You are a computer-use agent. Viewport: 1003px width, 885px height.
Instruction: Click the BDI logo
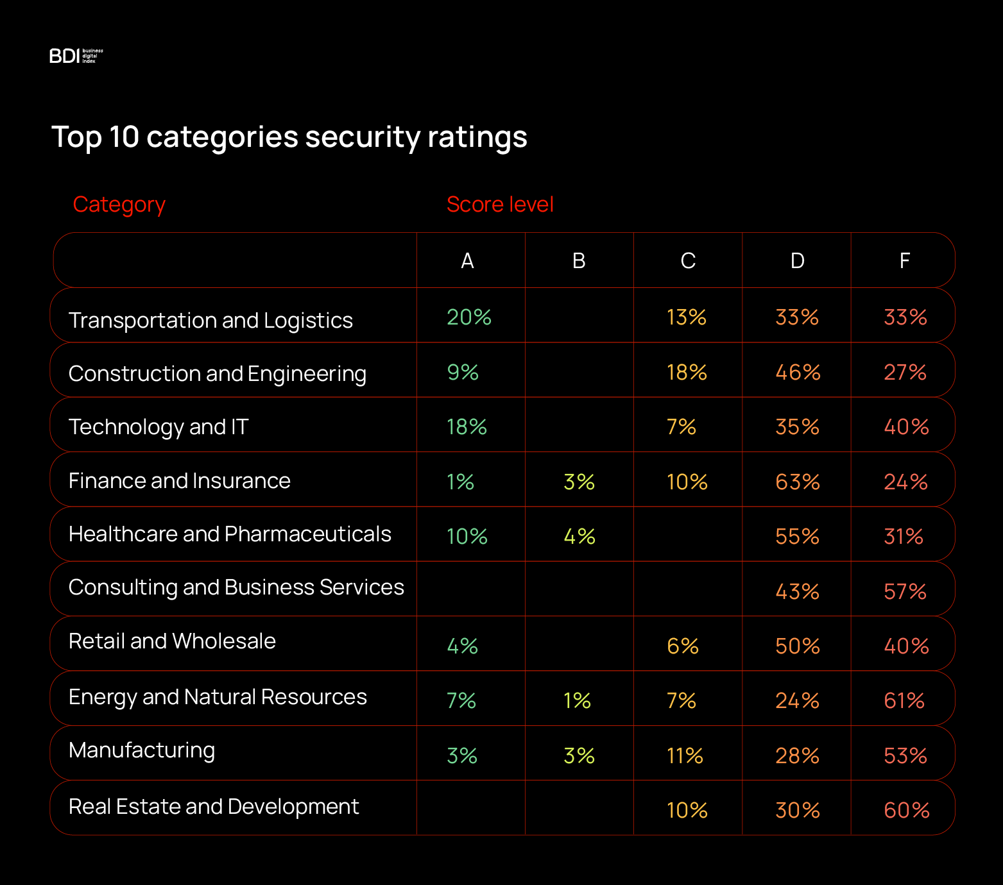(x=76, y=56)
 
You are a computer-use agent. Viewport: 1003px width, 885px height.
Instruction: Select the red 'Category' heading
(x=119, y=205)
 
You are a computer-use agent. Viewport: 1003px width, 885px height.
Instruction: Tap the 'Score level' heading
(x=500, y=205)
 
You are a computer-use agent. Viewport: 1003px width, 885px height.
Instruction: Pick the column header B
(x=579, y=261)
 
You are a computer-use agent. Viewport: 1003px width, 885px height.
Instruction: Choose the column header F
(x=904, y=261)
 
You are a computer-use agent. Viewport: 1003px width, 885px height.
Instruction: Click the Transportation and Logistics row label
(x=210, y=320)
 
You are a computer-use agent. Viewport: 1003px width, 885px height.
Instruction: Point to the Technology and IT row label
(x=159, y=427)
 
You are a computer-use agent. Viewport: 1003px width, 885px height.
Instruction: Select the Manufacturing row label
(x=142, y=750)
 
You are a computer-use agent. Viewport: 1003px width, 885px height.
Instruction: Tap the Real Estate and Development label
(x=214, y=807)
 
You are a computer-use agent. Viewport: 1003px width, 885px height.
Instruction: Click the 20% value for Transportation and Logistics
(x=469, y=317)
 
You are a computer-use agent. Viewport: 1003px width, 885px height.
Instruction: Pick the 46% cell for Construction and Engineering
(x=798, y=373)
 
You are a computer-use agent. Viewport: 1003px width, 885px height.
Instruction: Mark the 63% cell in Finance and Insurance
(x=798, y=482)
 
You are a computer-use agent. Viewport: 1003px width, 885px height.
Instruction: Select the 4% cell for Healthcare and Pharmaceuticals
(x=579, y=537)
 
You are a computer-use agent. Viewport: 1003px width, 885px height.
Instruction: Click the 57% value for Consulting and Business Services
(x=905, y=591)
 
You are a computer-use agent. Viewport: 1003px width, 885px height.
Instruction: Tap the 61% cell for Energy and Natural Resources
(x=904, y=701)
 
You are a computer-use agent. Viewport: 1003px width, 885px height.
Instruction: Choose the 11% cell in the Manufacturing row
(x=685, y=756)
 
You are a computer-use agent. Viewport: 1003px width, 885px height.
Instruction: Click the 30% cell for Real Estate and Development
(x=798, y=811)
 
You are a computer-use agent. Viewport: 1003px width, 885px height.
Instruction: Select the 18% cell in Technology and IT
(x=467, y=427)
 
